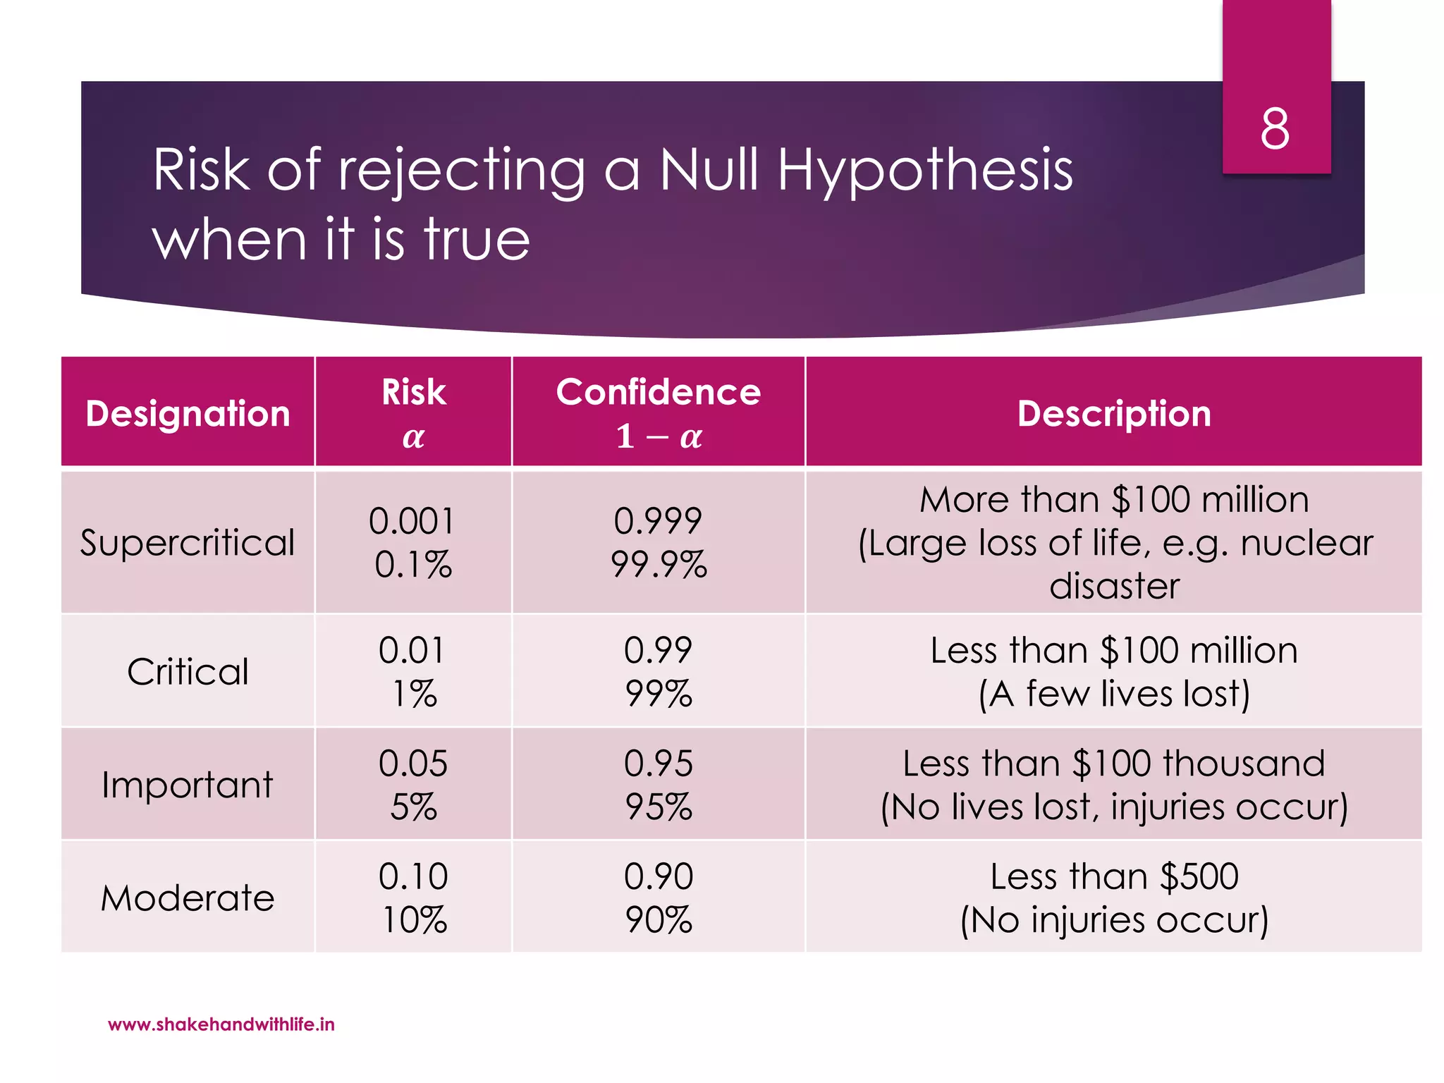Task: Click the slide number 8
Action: click(x=1275, y=129)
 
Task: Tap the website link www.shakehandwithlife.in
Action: click(x=221, y=1024)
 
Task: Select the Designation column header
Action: click(x=188, y=413)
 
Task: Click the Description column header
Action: click(x=1114, y=413)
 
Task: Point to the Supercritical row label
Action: click(x=188, y=542)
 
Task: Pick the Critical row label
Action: click(x=188, y=671)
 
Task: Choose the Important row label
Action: click(x=188, y=785)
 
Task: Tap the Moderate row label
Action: click(x=188, y=898)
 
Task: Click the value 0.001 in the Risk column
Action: click(x=412, y=522)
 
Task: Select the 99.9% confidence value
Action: click(x=659, y=565)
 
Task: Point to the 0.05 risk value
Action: click(x=412, y=764)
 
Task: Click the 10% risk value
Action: click(x=414, y=920)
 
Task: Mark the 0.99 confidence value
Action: click(x=659, y=650)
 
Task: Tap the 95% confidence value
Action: click(x=659, y=807)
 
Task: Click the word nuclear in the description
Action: click(x=1307, y=544)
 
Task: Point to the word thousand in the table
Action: click(x=1244, y=764)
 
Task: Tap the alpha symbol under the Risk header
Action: click(x=413, y=438)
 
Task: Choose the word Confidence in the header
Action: click(x=659, y=392)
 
